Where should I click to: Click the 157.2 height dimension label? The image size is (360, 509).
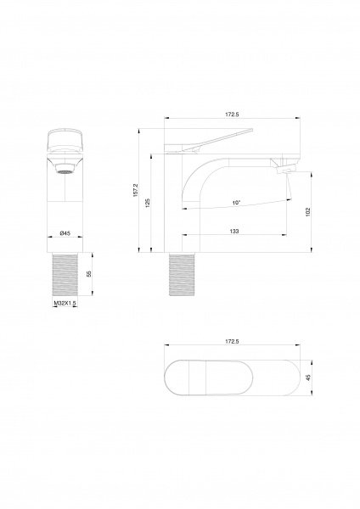point(136,190)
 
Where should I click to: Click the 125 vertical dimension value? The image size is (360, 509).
point(148,203)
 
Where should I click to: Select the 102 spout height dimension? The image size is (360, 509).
point(308,211)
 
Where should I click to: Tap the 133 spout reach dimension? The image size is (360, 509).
point(234,231)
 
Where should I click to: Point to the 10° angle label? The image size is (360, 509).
point(237,203)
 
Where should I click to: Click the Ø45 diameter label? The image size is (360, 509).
point(65,233)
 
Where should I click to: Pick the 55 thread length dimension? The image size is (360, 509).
point(89,274)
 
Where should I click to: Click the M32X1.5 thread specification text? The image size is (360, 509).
point(65,303)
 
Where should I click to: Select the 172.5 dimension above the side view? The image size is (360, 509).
point(232,115)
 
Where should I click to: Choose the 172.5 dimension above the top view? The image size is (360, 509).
point(232,341)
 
